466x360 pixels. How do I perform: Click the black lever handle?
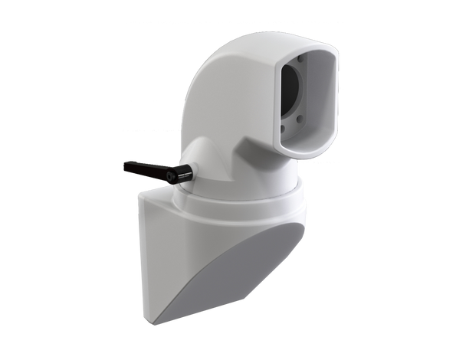point(146,169)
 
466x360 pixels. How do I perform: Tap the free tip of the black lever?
point(125,164)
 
